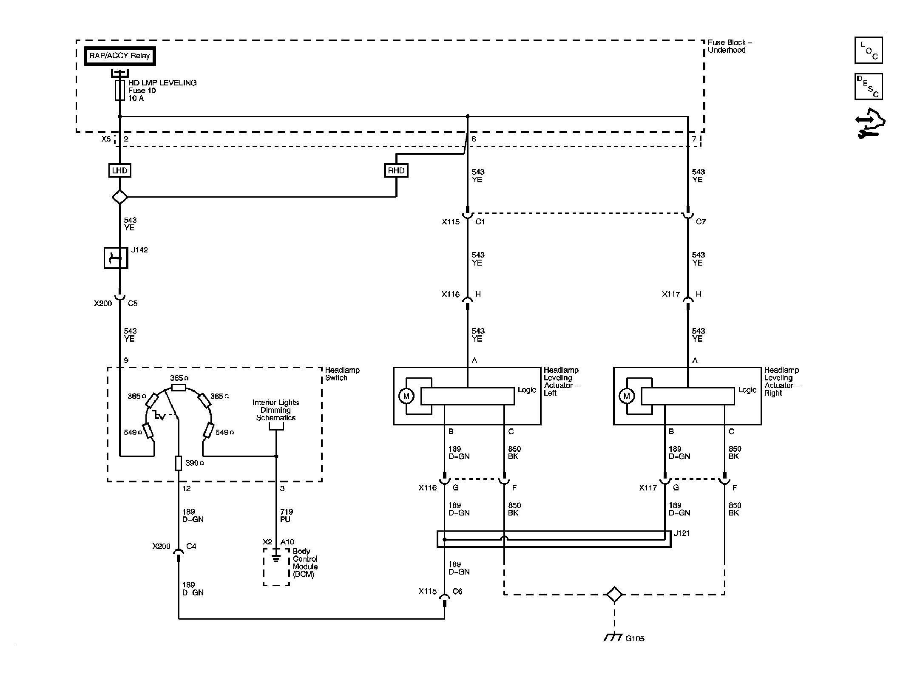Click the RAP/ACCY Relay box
coord(120,56)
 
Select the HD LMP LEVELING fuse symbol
coord(120,91)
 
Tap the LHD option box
coord(119,170)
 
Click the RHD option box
coord(396,170)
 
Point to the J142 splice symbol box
coord(116,258)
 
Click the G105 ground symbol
coord(613,637)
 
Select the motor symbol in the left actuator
coord(406,396)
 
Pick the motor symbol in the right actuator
coord(626,396)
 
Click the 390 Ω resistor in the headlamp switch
coord(179,463)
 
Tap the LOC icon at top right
coord(869,50)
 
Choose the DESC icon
coord(869,87)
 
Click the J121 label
coord(682,533)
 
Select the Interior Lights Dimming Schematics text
coord(276,410)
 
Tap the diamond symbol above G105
coord(614,594)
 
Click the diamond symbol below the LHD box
coord(119,197)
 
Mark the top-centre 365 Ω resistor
coord(178,387)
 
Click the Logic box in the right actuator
coord(687,396)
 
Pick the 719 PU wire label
coord(287,516)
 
